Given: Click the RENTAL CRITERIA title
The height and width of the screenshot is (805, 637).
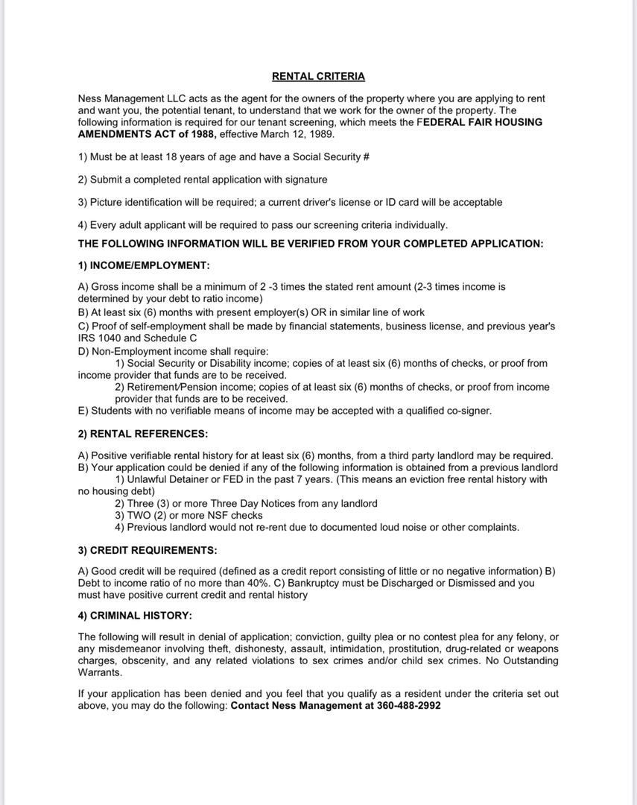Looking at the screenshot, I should click(x=318, y=76).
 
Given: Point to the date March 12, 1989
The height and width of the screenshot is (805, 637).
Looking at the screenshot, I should click(x=303, y=134).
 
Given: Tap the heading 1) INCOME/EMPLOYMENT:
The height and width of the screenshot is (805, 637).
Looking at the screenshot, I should click(x=144, y=265).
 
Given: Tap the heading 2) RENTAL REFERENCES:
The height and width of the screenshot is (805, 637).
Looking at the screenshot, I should click(x=143, y=433).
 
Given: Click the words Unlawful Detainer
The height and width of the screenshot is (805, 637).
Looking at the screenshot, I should click(x=170, y=479).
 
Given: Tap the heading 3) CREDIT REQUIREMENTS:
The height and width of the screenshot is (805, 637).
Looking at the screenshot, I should click(x=148, y=550).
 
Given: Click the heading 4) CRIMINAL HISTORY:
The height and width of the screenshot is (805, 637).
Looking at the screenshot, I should click(x=135, y=615).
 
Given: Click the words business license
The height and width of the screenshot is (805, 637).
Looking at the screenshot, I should click(x=419, y=326).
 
